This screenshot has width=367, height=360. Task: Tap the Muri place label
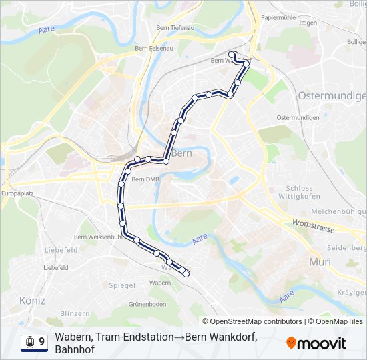coord(320,262)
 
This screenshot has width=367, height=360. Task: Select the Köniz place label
coord(32,301)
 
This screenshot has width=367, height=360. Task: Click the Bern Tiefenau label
coord(174,27)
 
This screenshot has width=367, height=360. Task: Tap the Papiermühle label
coord(277,17)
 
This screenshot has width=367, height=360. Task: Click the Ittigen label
coord(308,23)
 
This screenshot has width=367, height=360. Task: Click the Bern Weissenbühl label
coord(98,236)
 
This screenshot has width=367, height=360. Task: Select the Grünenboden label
coord(147,304)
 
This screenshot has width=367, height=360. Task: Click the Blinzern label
coord(75,313)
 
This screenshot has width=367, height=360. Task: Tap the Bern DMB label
coord(145,179)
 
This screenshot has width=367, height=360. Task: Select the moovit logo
coord(316,343)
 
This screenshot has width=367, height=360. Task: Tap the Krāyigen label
coord(352,293)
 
